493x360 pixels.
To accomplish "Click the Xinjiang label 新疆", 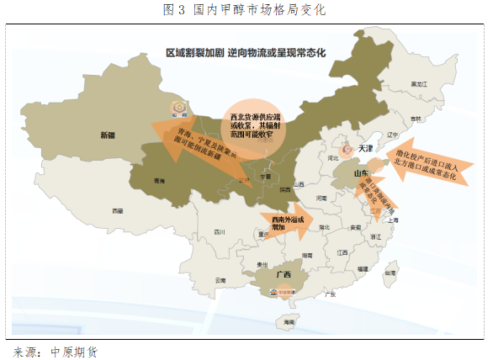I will [107, 135].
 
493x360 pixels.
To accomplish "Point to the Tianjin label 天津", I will [364, 148].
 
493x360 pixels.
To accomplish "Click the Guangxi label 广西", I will [283, 275].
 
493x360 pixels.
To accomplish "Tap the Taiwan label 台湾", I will [389, 273].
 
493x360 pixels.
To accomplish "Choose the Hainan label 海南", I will [289, 322].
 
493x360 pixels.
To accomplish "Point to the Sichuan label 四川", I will [221, 230].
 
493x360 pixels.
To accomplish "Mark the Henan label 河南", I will [320, 198].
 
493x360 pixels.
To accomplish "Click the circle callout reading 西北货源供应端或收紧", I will [253, 123].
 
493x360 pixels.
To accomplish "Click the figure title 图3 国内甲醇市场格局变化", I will [246, 11].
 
